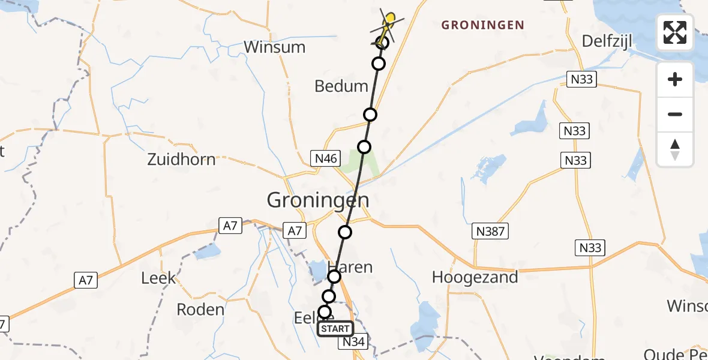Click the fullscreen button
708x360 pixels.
pyautogui.click(x=675, y=32)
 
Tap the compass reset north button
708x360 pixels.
pyautogui.click(x=675, y=149)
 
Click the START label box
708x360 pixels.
pyautogui.click(x=335, y=329)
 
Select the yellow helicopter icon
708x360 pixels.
pyautogui.click(x=388, y=23)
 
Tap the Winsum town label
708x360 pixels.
pyautogui.click(x=275, y=47)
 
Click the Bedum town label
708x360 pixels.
pyautogui.click(x=341, y=86)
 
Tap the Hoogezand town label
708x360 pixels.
pyautogui.click(x=475, y=277)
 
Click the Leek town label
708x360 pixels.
pyautogui.click(x=158, y=278)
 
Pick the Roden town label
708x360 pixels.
pyautogui.click(x=200, y=310)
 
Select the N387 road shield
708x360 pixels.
pyautogui.click(x=491, y=230)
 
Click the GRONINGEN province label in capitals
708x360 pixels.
pyautogui.click(x=482, y=25)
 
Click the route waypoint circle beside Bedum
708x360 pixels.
pyautogui.click(x=370, y=115)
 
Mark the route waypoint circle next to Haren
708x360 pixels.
pyautogui.click(x=334, y=277)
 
